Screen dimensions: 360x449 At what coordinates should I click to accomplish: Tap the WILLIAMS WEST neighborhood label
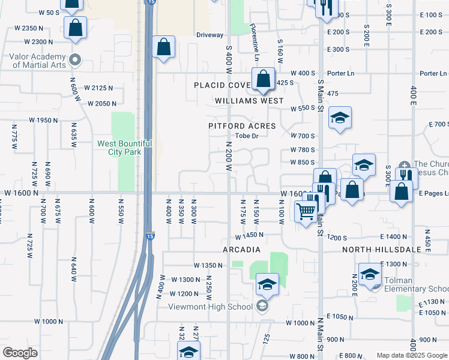point(249,101)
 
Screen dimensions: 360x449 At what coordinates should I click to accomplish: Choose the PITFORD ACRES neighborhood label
point(242,126)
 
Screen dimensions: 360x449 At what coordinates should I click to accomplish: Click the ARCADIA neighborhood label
point(241,250)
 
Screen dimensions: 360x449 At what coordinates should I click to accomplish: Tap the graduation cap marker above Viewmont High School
point(267,284)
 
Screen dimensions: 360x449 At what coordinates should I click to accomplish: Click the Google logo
point(20,352)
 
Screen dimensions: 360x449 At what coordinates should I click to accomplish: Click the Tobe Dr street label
point(246,136)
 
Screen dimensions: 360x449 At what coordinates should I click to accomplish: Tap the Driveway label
point(210,35)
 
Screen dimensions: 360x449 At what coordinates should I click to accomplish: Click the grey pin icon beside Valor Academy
point(75,60)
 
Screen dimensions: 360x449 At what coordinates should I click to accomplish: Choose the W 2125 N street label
point(100,88)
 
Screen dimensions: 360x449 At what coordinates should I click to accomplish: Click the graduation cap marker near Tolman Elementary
point(370,274)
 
